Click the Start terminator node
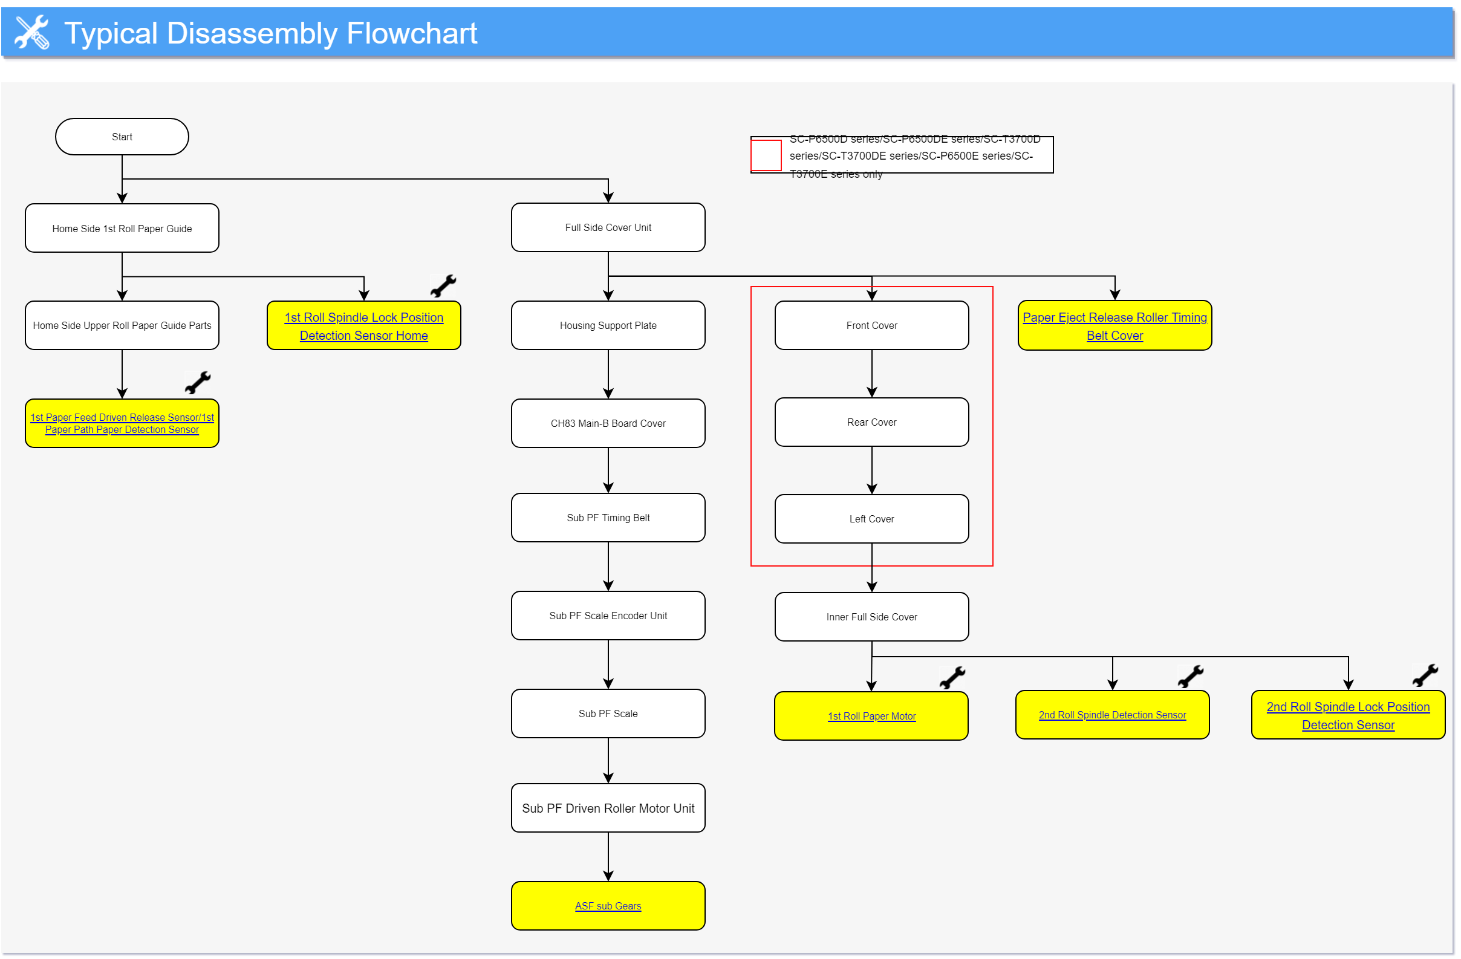click(x=122, y=136)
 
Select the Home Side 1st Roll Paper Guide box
click(x=122, y=228)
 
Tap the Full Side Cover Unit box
click(x=608, y=227)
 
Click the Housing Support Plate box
click(x=608, y=325)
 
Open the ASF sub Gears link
click(x=608, y=906)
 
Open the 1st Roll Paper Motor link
click(x=871, y=717)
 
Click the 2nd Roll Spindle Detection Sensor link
click(x=1111, y=715)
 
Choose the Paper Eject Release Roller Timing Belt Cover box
click(x=1114, y=325)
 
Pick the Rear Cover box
click(x=871, y=423)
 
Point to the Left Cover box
click(x=871, y=519)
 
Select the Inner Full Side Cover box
click(x=871, y=617)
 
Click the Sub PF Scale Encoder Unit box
click(x=608, y=616)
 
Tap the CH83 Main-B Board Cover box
click(x=608, y=424)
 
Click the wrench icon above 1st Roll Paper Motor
click(x=952, y=678)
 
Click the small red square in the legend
click(x=766, y=155)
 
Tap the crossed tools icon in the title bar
click(x=32, y=32)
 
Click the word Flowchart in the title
click(x=412, y=33)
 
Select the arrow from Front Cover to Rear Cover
click(x=871, y=374)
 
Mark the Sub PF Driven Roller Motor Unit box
click(x=608, y=808)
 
